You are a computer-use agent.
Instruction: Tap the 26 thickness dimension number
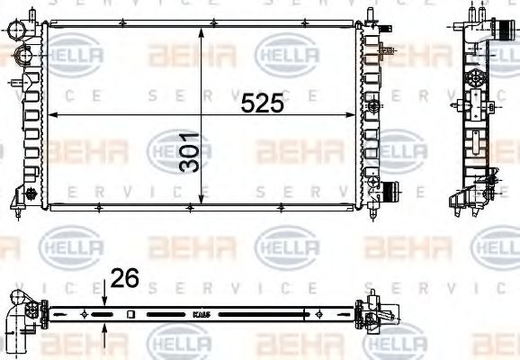[x=125, y=280]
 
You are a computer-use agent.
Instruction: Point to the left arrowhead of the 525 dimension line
[x=52, y=115]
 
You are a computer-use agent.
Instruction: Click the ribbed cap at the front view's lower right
[x=390, y=191]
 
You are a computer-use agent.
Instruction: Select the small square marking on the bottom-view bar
[x=130, y=314]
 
